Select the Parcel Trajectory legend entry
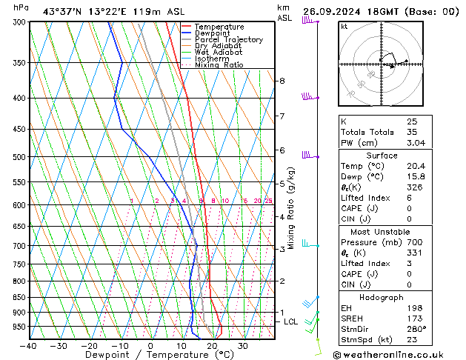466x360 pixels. click(x=228, y=40)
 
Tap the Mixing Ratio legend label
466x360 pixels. click(x=219, y=65)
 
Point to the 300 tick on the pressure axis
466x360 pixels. click(x=19, y=22)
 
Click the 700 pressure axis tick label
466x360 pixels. click(x=19, y=246)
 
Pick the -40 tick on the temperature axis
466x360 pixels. click(x=29, y=345)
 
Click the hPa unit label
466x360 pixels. click(x=21, y=7)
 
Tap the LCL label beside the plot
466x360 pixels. click(x=290, y=322)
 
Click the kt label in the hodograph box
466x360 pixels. click(x=344, y=27)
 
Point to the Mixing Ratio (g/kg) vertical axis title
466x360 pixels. click(x=292, y=208)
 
